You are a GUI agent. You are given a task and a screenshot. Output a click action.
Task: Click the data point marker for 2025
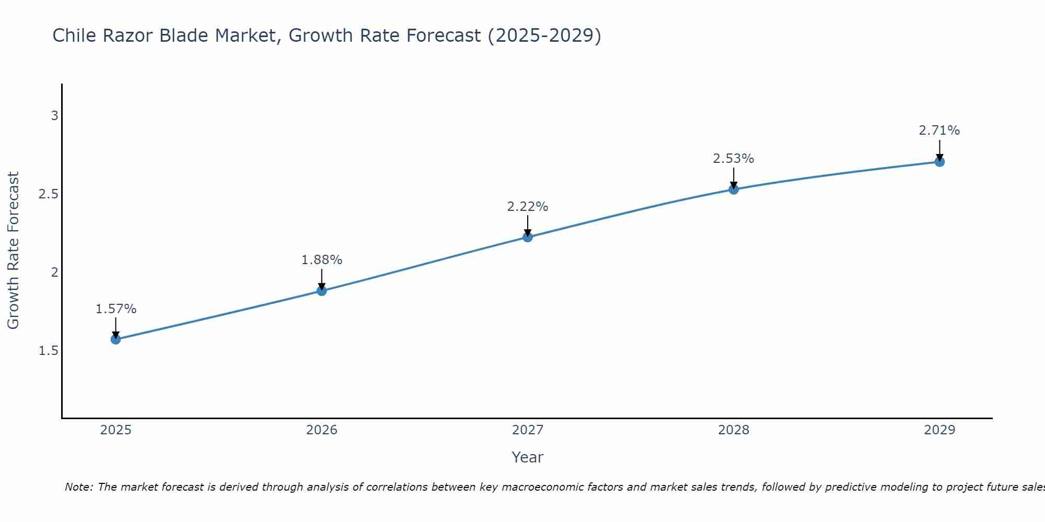click(x=116, y=339)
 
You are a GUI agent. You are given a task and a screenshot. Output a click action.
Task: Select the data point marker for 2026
click(x=322, y=291)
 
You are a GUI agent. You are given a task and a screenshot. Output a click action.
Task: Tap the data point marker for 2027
click(x=528, y=237)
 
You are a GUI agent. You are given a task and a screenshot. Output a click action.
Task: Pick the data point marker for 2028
click(x=734, y=189)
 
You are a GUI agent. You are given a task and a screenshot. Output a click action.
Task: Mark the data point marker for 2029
click(x=939, y=162)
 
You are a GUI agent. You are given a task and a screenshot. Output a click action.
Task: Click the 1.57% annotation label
click(x=116, y=309)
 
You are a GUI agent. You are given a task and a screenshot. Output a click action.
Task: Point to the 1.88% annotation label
click(x=322, y=260)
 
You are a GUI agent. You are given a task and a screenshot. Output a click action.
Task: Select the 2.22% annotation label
click(x=528, y=207)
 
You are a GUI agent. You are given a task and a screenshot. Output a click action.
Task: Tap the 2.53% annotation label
click(x=734, y=159)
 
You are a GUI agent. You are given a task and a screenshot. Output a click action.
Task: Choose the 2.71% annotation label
click(x=939, y=130)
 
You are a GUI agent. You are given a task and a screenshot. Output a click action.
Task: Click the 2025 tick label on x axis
click(x=116, y=430)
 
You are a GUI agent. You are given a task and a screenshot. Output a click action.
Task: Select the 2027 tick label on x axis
click(x=528, y=430)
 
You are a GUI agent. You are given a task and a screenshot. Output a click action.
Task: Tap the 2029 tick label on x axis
click(x=939, y=430)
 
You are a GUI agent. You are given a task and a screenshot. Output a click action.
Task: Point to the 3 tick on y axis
click(x=54, y=116)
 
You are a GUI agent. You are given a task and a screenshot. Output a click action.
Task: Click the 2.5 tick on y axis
click(x=48, y=194)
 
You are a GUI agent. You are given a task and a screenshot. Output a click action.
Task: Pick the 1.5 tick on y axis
click(x=48, y=351)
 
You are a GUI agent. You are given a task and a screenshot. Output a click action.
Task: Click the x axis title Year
click(x=528, y=457)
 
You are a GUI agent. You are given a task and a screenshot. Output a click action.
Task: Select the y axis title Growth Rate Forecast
click(x=13, y=251)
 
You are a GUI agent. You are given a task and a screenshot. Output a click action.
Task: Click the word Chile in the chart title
click(x=75, y=35)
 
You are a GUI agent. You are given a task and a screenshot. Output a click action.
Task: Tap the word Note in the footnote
click(x=78, y=487)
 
